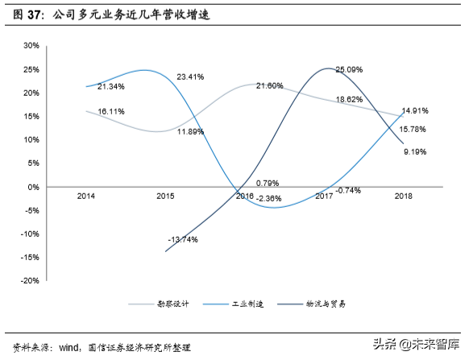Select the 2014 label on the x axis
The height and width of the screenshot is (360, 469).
tap(86, 197)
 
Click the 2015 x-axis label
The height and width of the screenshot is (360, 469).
tap(166, 197)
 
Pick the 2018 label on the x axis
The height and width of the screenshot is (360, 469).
tap(404, 197)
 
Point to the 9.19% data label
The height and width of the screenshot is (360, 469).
tap(415, 151)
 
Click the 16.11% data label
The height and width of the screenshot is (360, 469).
tap(110, 111)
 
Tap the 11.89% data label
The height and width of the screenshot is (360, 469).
tap(191, 131)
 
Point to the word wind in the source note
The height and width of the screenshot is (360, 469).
tap(68, 347)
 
